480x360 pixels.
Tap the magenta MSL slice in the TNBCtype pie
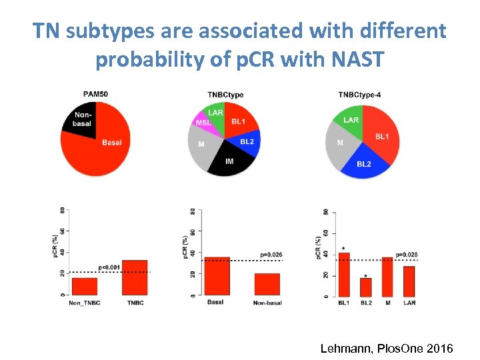point(203,123)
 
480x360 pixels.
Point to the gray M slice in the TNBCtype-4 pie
point(340,145)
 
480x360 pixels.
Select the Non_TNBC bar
point(85,286)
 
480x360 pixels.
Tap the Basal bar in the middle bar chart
point(217,276)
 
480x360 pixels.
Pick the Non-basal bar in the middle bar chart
point(267,284)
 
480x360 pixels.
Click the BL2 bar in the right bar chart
point(365,287)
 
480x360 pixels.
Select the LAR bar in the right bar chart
point(409,281)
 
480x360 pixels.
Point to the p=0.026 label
point(271,255)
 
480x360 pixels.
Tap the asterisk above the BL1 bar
point(343,248)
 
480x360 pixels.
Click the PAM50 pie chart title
point(95,94)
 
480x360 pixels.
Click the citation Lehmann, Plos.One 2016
point(387,348)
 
